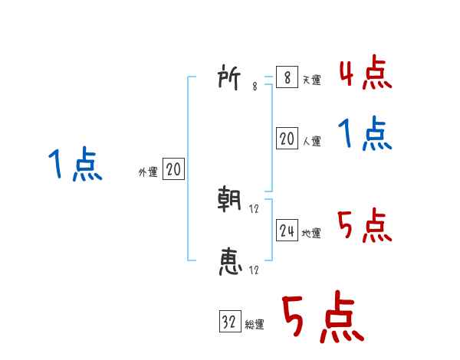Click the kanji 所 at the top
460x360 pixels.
tap(231, 78)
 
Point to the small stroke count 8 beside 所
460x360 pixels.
tap(255, 87)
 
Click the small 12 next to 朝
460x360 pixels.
tap(254, 208)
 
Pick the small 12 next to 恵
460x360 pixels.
tap(254, 270)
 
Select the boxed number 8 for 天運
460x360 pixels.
tap(287, 77)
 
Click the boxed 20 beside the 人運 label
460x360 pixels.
tap(287, 139)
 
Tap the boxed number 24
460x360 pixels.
tap(287, 231)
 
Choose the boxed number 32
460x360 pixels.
tap(229, 322)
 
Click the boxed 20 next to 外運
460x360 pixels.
tap(173, 170)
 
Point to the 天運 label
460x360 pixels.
tap(311, 80)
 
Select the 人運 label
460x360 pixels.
tap(311, 141)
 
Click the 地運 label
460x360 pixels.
tap(311, 233)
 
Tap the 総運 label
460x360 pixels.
tap(255, 325)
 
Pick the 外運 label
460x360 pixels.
tap(148, 172)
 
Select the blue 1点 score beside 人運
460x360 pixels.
tap(365, 136)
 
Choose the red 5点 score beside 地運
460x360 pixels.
tap(365, 227)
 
